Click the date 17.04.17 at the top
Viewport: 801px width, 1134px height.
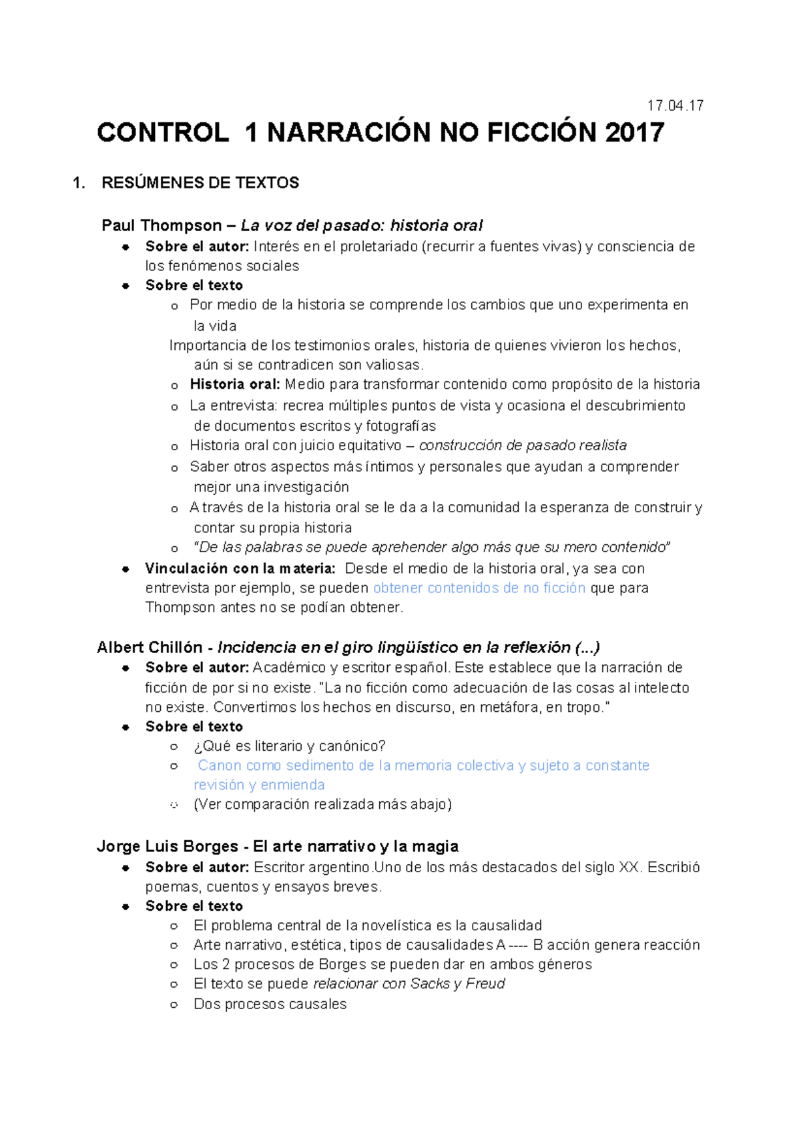tap(675, 106)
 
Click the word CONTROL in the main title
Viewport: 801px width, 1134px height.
tap(163, 133)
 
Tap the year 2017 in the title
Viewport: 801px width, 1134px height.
tap(634, 133)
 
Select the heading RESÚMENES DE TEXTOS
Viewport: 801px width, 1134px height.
tap(200, 183)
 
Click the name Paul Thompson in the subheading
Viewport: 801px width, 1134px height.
tap(162, 226)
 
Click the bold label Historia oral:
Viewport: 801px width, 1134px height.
tap(235, 385)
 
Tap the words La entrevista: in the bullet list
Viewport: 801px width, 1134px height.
tap(234, 406)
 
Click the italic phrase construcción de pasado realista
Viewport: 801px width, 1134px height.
tap(522, 445)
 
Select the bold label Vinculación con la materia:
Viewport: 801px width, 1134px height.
tap(240, 569)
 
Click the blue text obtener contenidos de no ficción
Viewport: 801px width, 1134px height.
tap(479, 588)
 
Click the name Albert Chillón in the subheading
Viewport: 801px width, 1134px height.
tap(150, 648)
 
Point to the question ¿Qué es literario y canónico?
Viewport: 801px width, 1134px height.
tap(289, 746)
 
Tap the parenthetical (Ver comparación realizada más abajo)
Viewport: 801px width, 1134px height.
tap(322, 805)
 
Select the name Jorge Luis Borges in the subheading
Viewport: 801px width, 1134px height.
tap(167, 847)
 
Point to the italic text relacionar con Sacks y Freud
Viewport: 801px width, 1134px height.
tap(409, 984)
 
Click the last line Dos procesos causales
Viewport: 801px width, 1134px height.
tap(270, 1004)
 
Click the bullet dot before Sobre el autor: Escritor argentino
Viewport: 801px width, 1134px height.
tap(125, 868)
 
